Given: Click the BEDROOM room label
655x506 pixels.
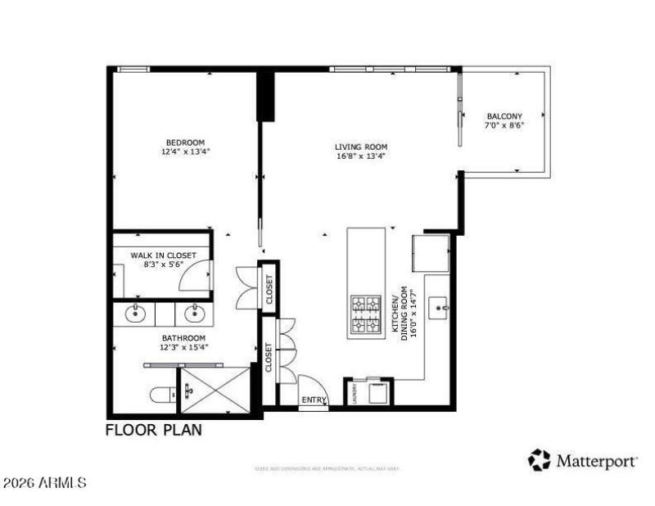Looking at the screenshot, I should [185, 142].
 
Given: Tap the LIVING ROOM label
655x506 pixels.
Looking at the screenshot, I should [360, 147].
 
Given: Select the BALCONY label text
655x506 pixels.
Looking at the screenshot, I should [504, 116].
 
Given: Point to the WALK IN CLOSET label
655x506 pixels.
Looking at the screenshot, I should [163, 255].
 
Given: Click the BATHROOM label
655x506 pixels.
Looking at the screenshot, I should [183, 337].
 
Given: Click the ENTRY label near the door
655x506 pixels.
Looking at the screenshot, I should [313, 400].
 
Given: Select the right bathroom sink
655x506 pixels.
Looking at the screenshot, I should [195, 313].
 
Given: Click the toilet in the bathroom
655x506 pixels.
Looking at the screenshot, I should [161, 395].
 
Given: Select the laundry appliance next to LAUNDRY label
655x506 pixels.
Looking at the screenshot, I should [377, 392].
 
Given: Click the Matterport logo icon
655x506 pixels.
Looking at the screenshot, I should [539, 460].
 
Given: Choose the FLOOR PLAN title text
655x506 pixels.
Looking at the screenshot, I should [153, 429].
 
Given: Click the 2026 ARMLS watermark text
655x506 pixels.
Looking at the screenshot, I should [45, 484].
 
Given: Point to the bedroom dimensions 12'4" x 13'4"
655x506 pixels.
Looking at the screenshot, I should [185, 151].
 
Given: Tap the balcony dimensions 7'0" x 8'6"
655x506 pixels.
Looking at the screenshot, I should [504, 126].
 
